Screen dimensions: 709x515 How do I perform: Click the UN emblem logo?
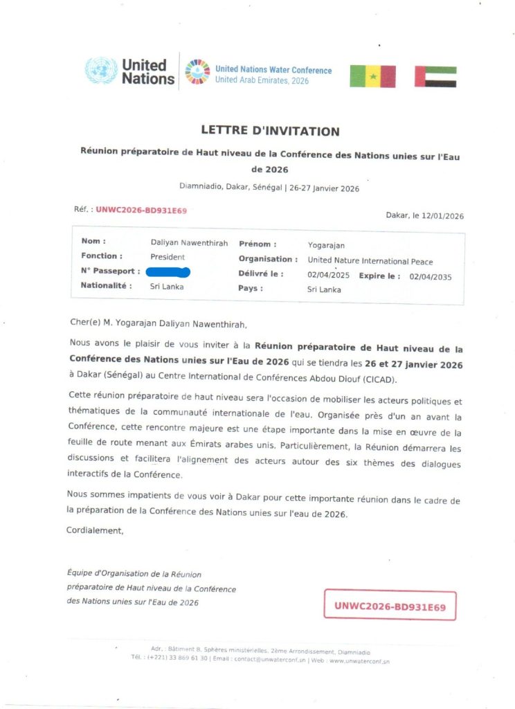[x=100, y=71]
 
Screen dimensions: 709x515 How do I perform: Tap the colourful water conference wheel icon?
[x=197, y=71]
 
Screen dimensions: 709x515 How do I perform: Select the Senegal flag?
[x=372, y=76]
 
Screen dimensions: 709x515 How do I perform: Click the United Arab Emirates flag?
[x=435, y=76]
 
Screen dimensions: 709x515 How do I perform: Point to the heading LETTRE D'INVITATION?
[x=270, y=130]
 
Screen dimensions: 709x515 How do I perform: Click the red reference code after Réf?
[x=141, y=209]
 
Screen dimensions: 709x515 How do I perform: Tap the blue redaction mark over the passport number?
[x=168, y=271]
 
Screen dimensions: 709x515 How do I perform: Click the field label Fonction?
[x=102, y=256]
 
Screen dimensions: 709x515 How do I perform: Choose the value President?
[x=168, y=256]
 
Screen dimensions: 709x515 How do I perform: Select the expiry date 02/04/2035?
[x=430, y=276]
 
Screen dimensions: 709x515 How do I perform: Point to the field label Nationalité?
[x=106, y=285]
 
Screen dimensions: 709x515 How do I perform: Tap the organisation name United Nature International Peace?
[x=370, y=261]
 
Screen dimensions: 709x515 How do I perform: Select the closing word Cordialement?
[x=95, y=530]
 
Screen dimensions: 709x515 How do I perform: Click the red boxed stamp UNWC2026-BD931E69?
[x=390, y=606]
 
